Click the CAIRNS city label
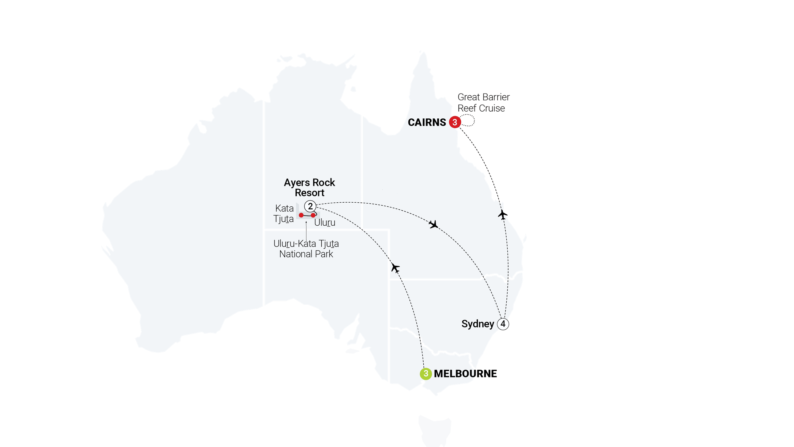[x=427, y=122]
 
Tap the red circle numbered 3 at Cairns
[x=455, y=122]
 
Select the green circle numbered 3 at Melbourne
[x=426, y=374]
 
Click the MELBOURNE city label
[x=465, y=374]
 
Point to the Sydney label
[x=478, y=324]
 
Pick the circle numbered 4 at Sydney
[x=503, y=324]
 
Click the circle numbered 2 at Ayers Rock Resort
[x=310, y=206]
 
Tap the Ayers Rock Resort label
[x=309, y=188]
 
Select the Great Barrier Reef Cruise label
[x=483, y=103]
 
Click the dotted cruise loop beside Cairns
[x=468, y=120]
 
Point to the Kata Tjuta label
[x=284, y=213]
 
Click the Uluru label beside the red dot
[x=325, y=222]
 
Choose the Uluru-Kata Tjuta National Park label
[x=306, y=249]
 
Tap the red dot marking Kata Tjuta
[x=301, y=215]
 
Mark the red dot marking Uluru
[x=313, y=215]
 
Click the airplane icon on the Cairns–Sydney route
[x=503, y=214]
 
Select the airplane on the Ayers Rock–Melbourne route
[x=395, y=267]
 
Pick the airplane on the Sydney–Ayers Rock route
[x=434, y=224]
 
